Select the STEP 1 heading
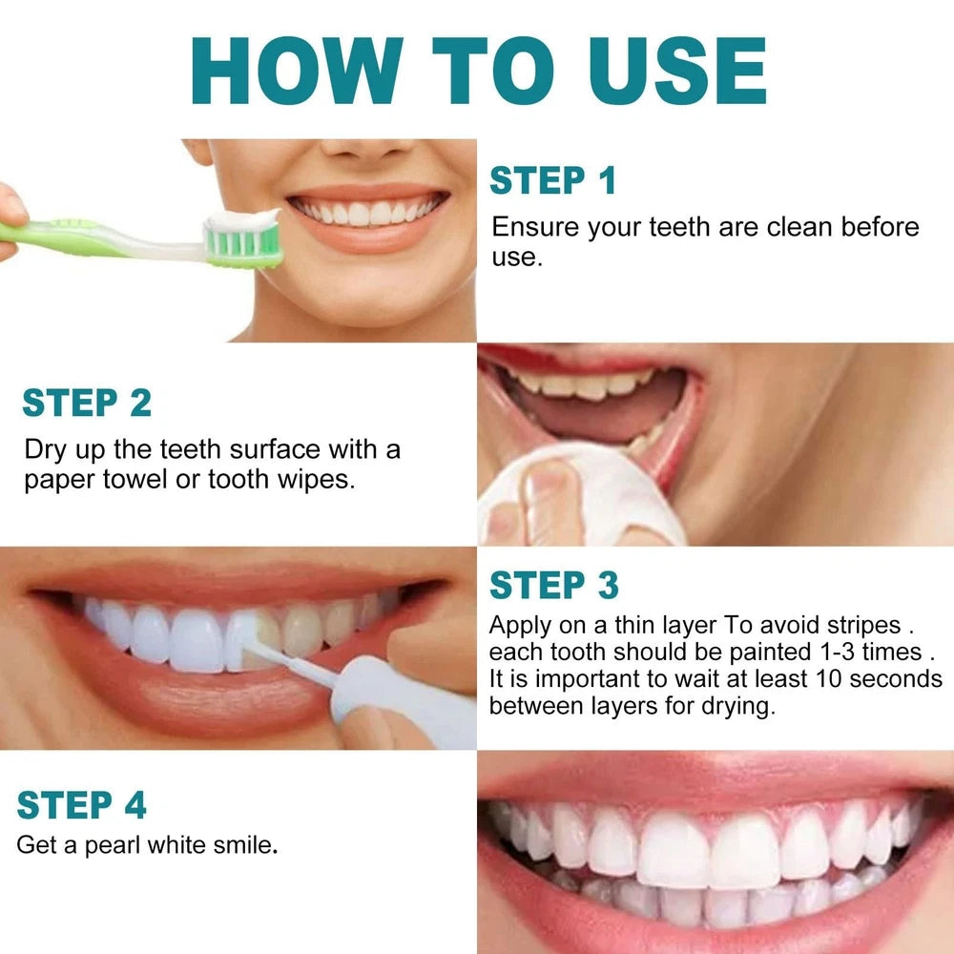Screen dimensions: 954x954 click(x=552, y=180)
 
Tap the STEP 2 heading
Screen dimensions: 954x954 click(x=87, y=403)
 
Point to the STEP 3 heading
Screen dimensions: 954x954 click(x=553, y=585)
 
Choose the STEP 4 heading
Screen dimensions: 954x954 click(x=82, y=805)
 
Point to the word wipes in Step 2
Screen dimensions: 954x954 click(x=314, y=479)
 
